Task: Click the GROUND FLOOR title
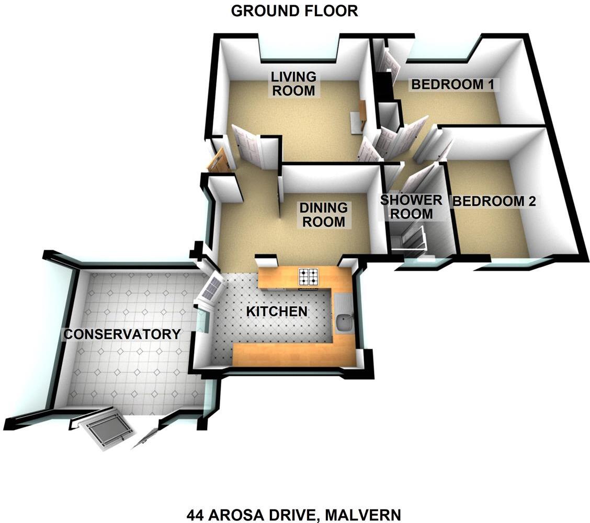click(294, 11)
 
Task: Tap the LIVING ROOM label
click(293, 84)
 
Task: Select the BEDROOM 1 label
click(453, 84)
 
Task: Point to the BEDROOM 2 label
click(494, 201)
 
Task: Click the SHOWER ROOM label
click(411, 206)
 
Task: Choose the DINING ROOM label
click(323, 214)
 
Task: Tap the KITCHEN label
click(277, 311)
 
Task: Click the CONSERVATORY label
click(122, 334)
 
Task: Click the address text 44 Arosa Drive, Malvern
click(293, 515)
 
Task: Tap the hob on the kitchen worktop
click(309, 276)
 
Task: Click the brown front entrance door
click(218, 161)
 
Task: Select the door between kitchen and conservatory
click(210, 288)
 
